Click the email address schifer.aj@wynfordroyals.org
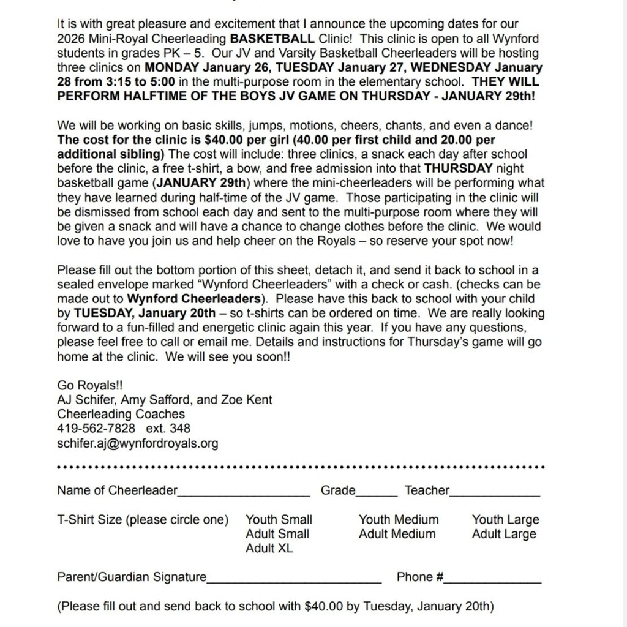pyautogui.click(x=137, y=443)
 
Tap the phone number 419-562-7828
pyautogui.click(x=96, y=429)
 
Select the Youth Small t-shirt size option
pyautogui.click(x=279, y=520)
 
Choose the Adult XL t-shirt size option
pyautogui.click(x=269, y=548)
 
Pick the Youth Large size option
pyautogui.click(x=505, y=520)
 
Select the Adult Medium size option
pyautogui.click(x=397, y=534)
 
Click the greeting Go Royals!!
pyautogui.click(x=89, y=385)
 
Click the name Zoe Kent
pyautogui.click(x=250, y=400)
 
